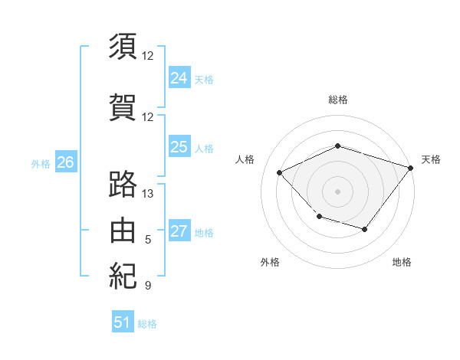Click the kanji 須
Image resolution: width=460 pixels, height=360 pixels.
click(x=123, y=46)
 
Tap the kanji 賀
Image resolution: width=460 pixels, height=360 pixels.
click(x=123, y=107)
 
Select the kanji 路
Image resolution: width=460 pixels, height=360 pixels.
click(x=123, y=184)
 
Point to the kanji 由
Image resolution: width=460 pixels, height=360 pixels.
click(x=123, y=230)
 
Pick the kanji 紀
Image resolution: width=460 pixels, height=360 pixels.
click(x=123, y=276)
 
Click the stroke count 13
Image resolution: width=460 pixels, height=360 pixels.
click(x=147, y=194)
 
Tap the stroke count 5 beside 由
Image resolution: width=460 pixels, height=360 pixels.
click(x=148, y=240)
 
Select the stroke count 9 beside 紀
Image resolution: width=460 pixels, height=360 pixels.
click(x=148, y=285)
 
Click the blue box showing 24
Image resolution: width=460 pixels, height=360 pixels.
click(x=179, y=77)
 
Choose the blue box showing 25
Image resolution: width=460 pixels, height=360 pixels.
click(x=179, y=146)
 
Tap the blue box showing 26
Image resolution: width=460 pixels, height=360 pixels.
click(x=66, y=162)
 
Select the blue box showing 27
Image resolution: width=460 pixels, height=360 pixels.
click(x=179, y=230)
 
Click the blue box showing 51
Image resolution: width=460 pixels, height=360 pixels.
click(x=123, y=321)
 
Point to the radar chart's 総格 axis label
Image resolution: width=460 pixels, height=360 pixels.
click(x=338, y=100)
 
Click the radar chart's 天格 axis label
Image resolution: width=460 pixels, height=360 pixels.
click(x=431, y=159)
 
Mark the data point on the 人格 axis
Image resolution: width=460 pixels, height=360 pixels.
click(x=279, y=172)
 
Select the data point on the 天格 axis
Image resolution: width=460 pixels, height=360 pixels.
click(x=410, y=168)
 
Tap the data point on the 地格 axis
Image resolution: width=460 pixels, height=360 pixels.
click(x=365, y=229)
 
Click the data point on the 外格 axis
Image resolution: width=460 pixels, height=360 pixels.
click(x=320, y=217)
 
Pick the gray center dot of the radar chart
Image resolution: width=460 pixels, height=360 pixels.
click(x=337, y=191)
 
